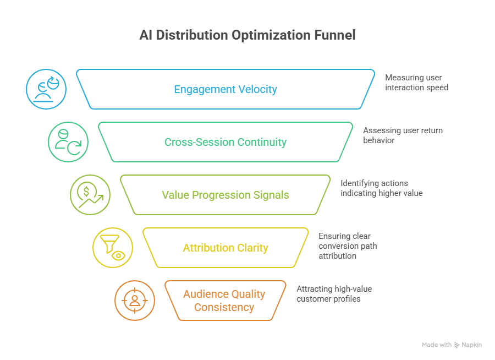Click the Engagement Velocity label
(226, 89)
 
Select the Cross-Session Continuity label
(226, 142)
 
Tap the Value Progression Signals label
(226, 195)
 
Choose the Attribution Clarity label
(226, 248)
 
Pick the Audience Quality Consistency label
(224, 301)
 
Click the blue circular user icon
(47, 89)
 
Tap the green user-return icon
(68, 142)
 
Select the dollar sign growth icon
(90, 195)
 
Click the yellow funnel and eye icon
(113, 248)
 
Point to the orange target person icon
(135, 301)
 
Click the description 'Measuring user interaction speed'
(416, 83)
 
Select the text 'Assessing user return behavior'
(394, 135)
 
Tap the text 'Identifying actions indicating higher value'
(381, 188)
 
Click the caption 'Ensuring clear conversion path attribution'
(348, 246)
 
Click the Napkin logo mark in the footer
(457, 345)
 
